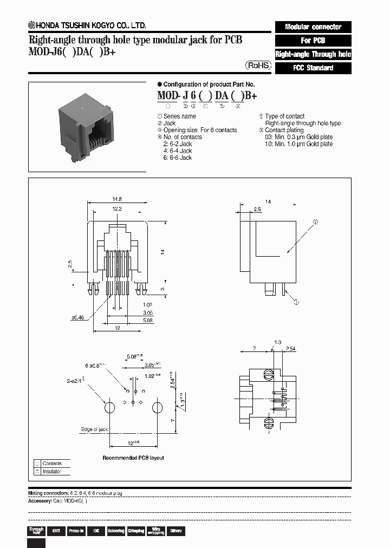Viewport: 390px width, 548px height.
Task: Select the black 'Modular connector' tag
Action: (x=313, y=27)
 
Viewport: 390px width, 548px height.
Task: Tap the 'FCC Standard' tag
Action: (x=313, y=68)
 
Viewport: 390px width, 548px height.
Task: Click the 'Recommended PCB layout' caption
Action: (x=133, y=458)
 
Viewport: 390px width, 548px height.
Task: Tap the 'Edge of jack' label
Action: (x=94, y=429)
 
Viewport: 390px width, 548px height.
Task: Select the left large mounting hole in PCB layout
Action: (x=109, y=407)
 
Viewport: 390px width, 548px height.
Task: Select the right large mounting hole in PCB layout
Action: (x=157, y=407)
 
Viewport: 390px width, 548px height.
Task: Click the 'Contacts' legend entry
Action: (x=52, y=464)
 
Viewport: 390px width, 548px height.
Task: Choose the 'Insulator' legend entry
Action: (x=52, y=471)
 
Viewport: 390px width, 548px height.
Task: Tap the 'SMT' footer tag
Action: (x=56, y=531)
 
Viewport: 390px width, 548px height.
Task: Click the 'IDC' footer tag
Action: (x=96, y=531)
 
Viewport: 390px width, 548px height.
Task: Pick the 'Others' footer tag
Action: (x=175, y=531)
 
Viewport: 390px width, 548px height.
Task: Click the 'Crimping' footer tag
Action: (x=136, y=531)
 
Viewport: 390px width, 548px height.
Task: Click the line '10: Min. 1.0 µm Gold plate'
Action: (x=298, y=144)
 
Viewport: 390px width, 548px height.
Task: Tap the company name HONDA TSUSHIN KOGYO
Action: (x=90, y=25)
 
